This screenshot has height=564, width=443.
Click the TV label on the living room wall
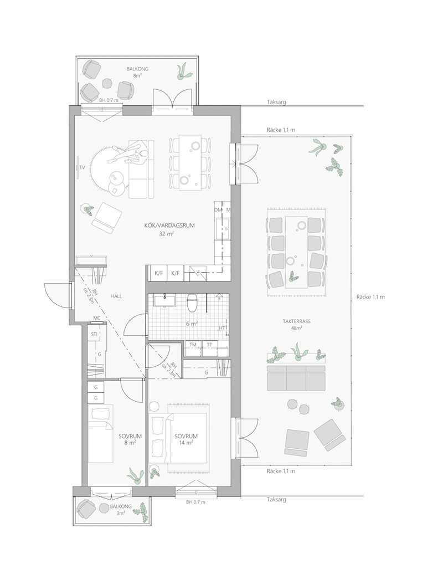tap(83, 167)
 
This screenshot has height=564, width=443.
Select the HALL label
tap(116, 296)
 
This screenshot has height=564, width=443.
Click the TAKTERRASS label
tap(296, 321)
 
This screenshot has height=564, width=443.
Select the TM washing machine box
tap(193, 348)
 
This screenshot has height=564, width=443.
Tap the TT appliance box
tap(210, 348)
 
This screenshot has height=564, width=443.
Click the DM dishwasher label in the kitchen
tap(218, 210)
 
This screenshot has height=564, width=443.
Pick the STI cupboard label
tap(94, 334)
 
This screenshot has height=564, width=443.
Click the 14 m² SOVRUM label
tap(186, 439)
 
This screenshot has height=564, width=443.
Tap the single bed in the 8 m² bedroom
tap(101, 433)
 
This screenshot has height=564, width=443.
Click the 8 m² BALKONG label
tap(137, 72)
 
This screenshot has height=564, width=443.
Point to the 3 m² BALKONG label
tap(121, 509)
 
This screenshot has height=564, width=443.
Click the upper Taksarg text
tap(276, 102)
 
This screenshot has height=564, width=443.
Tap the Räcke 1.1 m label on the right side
tap(370, 297)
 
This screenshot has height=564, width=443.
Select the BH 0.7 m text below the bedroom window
tap(195, 502)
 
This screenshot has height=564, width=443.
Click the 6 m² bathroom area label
tap(192, 324)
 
